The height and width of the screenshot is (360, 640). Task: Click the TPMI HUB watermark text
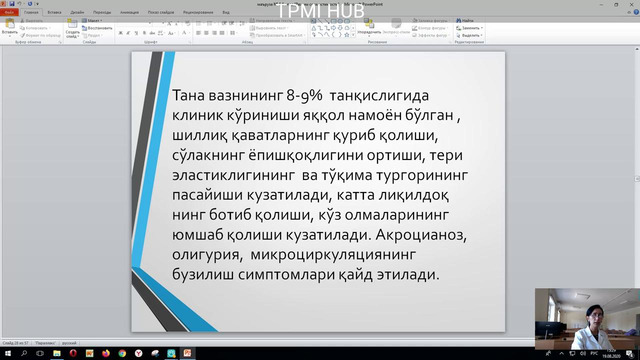pos(321,13)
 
